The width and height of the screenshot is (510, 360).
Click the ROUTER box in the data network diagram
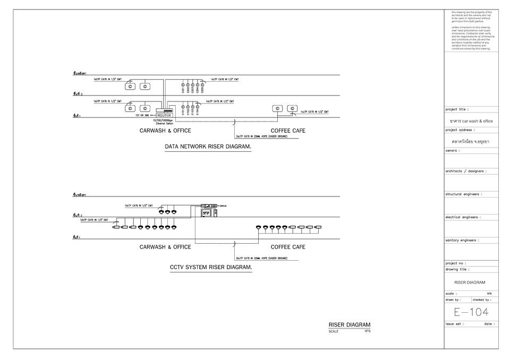point(164,115)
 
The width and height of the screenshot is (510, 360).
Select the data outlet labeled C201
point(183,85)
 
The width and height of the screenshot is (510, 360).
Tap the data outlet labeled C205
point(202,85)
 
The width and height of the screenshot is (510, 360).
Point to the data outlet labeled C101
point(183,107)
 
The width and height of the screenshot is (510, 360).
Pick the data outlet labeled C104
point(197,107)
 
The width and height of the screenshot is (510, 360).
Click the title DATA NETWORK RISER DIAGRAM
point(208,146)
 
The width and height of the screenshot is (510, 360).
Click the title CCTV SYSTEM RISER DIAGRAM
point(210,268)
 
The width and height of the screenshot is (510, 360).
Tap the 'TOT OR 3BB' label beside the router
point(142,115)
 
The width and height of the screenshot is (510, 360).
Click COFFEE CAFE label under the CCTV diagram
point(288,247)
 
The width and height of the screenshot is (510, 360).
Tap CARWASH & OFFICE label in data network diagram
point(165,131)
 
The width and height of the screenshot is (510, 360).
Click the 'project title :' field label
point(457,109)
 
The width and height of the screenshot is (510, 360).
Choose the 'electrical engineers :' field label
point(463,217)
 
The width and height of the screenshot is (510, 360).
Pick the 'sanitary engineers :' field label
point(462,240)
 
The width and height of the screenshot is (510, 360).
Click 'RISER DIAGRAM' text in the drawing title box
point(470,282)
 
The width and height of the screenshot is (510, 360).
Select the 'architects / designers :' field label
point(466,171)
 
